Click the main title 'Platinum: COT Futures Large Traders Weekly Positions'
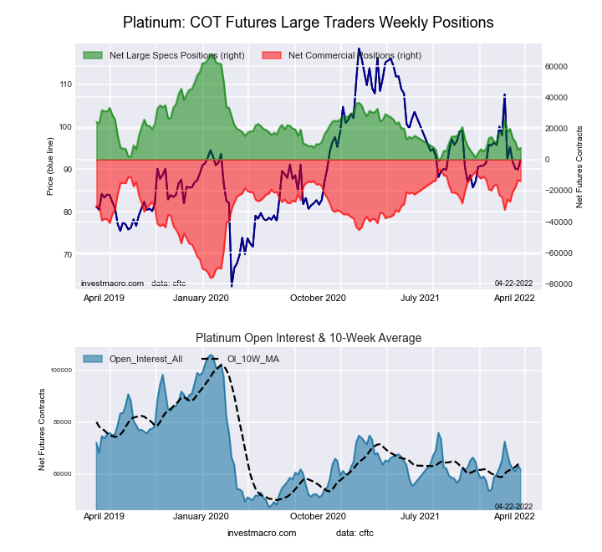[x=308, y=22]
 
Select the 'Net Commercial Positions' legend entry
[x=354, y=56]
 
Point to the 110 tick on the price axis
[x=64, y=84]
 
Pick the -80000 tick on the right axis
[x=554, y=284]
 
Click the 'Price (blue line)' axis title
[x=50, y=169]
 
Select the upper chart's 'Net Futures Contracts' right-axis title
[x=579, y=166]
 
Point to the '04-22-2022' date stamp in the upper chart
[x=513, y=283]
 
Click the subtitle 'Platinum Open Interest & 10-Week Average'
[x=309, y=338]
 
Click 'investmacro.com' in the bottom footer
[x=262, y=533]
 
